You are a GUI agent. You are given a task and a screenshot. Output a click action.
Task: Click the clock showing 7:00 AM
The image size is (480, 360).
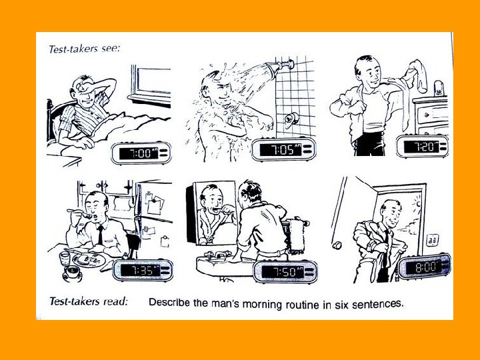pyautogui.click(x=141, y=153)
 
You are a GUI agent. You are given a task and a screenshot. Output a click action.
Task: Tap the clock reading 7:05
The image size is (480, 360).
pyautogui.click(x=284, y=149)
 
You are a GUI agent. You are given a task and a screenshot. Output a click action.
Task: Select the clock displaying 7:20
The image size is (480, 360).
pyautogui.click(x=422, y=146)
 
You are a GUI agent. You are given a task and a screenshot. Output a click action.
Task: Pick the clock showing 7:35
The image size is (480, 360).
pyautogui.click(x=143, y=270)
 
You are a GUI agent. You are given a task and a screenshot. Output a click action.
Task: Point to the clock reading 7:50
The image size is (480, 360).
pyautogui.click(x=285, y=271)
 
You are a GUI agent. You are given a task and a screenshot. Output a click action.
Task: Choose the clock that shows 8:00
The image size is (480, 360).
pyautogui.click(x=425, y=267)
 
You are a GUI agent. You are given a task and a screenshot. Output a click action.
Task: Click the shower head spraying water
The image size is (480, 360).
pyautogui.click(x=279, y=67)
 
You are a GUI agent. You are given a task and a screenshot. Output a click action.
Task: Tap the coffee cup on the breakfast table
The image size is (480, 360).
pyautogui.click(x=73, y=272)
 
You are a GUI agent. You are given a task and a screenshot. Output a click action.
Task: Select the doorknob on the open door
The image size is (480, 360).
pyautogui.click(x=337, y=245)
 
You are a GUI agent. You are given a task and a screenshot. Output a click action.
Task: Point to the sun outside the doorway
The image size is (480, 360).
pyautogui.click(x=417, y=203)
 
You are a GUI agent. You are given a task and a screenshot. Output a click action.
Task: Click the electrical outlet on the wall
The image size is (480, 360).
pyautogui.click(x=433, y=240)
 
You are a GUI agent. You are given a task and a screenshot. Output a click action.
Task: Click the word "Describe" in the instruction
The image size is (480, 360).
pyautogui.click(x=169, y=303)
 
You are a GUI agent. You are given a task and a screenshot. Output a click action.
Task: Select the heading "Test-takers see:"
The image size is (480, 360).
pyautogui.click(x=85, y=49)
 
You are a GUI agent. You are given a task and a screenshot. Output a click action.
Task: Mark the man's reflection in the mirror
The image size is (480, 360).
pyautogui.click(x=215, y=213)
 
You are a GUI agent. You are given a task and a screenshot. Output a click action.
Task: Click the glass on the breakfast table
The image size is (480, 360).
pyautogui.click(x=65, y=259)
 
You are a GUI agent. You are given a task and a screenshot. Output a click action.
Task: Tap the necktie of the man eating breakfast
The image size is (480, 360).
pyautogui.click(x=101, y=235)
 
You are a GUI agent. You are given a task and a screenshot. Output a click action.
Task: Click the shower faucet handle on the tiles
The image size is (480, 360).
pyautogui.click(x=291, y=120)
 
